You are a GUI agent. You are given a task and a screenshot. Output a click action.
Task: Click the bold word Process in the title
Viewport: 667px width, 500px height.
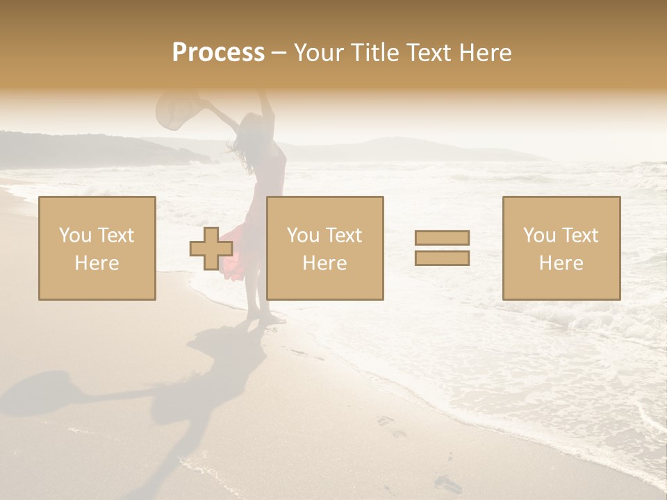[218, 53]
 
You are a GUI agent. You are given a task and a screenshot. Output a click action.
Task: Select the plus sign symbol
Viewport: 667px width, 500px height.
[211, 249]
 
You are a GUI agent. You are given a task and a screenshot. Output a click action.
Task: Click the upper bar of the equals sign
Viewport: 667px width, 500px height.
[442, 238]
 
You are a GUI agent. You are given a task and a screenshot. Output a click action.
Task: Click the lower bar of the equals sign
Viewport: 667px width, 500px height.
[442, 258]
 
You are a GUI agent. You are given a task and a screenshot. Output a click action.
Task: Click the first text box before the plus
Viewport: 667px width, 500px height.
[97, 248]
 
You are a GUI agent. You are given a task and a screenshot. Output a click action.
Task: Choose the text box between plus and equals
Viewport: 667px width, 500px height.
[325, 248]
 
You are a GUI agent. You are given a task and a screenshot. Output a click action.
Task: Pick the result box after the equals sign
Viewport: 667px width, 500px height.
[561, 248]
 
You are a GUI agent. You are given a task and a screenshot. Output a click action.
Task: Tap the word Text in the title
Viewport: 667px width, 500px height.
[427, 53]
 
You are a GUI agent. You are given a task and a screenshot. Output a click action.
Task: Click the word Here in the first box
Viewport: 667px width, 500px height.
[97, 263]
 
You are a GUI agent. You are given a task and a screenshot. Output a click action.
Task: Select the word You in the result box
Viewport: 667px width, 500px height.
[540, 235]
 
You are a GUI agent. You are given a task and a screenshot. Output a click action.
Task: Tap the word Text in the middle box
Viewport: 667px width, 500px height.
[344, 235]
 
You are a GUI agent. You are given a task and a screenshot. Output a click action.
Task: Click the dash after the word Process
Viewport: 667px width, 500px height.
[279, 53]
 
